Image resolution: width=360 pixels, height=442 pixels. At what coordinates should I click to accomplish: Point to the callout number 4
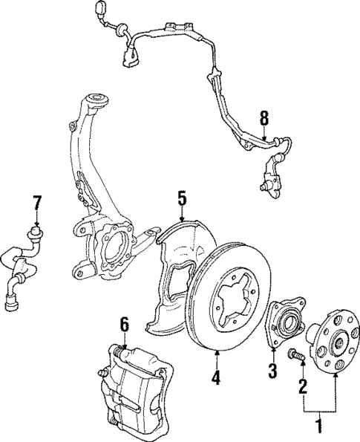pyautogui.click(x=215, y=377)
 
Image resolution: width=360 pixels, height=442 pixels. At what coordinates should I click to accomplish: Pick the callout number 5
pyautogui.click(x=181, y=198)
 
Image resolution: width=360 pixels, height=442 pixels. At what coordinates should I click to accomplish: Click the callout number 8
pyautogui.click(x=263, y=117)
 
